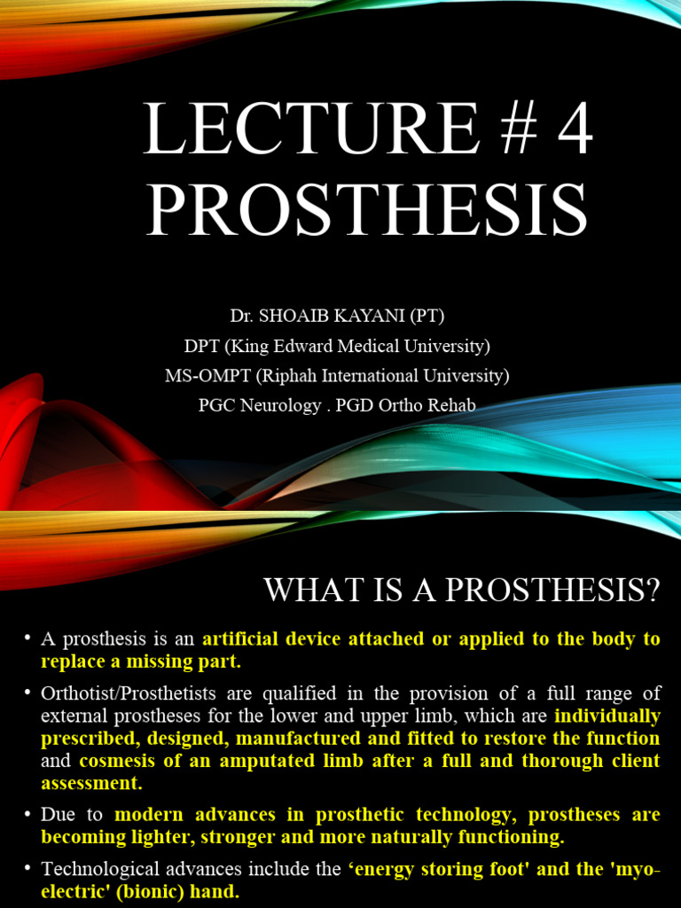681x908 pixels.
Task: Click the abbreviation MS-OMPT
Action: [207, 375]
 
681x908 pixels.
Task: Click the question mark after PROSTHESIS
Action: [654, 591]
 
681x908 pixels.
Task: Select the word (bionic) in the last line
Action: [129, 891]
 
